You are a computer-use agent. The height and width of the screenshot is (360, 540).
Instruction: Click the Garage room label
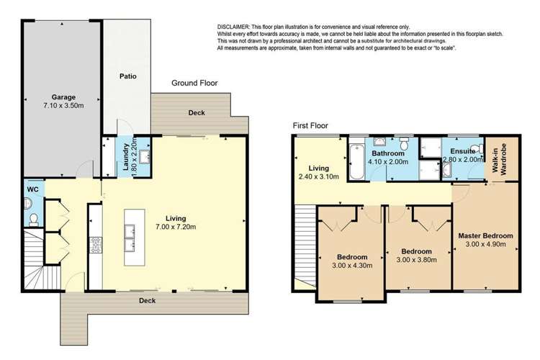(63, 96)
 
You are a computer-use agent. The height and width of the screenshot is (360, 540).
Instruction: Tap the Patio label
(127, 76)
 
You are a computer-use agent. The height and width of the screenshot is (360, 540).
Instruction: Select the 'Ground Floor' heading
(194, 84)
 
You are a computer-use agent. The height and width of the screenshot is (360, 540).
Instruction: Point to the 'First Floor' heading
(310, 125)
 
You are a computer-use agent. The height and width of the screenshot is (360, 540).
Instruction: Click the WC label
(32, 189)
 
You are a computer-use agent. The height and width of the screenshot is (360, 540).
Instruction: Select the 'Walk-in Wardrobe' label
(496, 158)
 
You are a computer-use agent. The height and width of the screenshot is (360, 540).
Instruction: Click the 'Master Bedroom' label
(485, 235)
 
